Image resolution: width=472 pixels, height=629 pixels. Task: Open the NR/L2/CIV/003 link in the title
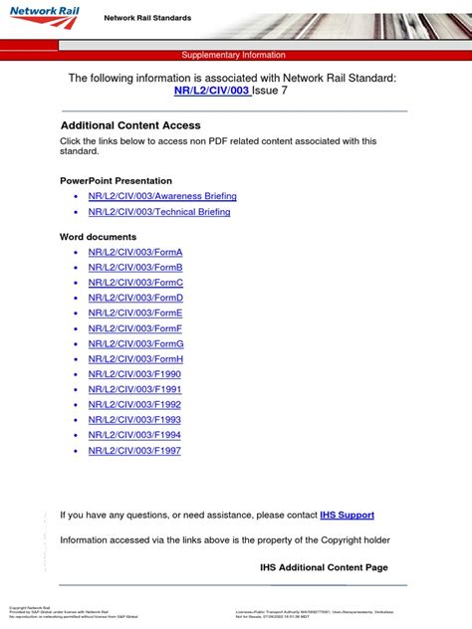(212, 93)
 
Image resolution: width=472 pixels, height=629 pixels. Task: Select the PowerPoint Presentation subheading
(116, 181)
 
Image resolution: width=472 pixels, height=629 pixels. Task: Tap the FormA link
(135, 252)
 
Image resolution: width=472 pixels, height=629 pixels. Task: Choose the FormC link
(135, 283)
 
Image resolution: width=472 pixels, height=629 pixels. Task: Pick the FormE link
(135, 313)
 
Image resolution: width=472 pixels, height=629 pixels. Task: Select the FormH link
(135, 358)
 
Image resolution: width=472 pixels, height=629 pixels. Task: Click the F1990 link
(134, 374)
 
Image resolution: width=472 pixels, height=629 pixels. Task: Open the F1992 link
(134, 405)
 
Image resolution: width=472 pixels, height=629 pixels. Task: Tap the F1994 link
(134, 435)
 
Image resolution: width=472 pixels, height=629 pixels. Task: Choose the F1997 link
(134, 451)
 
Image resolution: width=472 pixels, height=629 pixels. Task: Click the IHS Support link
(347, 516)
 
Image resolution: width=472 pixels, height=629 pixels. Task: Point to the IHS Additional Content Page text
(324, 567)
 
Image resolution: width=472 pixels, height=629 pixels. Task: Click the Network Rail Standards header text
(147, 18)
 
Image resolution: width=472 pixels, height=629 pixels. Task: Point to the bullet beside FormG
(76, 343)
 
